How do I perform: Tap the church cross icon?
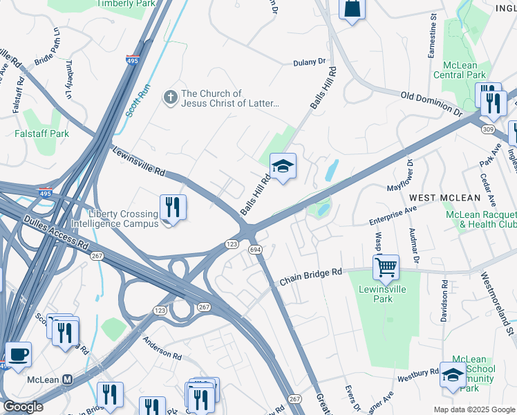coord(170,98)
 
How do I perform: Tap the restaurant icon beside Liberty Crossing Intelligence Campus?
coord(172,207)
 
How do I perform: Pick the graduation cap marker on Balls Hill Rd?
coord(283,167)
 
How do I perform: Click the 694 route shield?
coord(254,249)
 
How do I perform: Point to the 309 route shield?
coord(489,129)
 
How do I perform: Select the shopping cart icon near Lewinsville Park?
coord(386,266)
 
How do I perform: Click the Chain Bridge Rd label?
coord(310,277)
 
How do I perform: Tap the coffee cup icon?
coord(18,354)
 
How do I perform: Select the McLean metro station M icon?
coord(68,380)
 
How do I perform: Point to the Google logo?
coord(23,407)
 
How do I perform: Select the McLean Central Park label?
coord(455,70)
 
